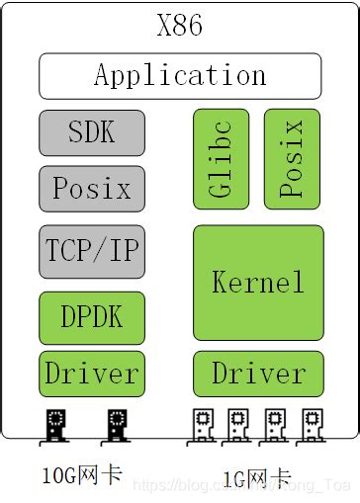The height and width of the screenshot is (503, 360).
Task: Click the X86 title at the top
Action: coord(180,25)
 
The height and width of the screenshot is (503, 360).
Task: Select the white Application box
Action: coord(180,76)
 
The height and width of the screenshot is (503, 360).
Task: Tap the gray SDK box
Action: coord(92,132)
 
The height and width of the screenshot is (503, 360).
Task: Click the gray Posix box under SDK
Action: coord(92,188)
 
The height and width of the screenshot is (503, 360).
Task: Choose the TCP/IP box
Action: coord(92,250)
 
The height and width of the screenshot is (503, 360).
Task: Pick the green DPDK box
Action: coord(92,317)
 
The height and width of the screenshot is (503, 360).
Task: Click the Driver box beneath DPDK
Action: coord(92,374)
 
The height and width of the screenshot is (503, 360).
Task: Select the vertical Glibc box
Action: coord(222,159)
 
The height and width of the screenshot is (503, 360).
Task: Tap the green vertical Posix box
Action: coord(293,159)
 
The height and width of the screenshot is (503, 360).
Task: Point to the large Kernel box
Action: coord(258,283)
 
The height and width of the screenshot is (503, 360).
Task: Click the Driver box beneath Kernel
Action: coord(258,374)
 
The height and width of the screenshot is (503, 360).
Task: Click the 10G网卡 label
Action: coord(82,475)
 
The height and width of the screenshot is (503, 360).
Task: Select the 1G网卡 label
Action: coord(256,479)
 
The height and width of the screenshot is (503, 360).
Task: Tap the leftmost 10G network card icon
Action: coord(55,426)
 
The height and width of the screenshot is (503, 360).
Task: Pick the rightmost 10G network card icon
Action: coord(117,426)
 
